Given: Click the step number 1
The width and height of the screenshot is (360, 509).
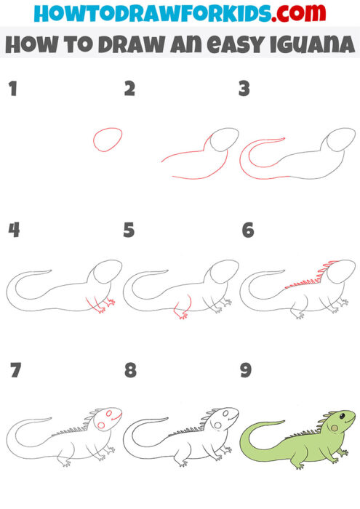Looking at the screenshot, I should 12,89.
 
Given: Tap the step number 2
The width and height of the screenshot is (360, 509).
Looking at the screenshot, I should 129,89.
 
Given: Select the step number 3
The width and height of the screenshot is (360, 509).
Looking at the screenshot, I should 244,89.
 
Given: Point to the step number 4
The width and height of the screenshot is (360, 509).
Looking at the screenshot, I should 12,231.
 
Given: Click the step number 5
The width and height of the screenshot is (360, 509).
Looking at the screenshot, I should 129,231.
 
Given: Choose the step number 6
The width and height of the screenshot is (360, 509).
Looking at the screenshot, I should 247,231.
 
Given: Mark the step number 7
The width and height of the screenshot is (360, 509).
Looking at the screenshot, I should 14,371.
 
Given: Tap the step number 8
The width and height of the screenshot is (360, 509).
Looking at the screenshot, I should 130,371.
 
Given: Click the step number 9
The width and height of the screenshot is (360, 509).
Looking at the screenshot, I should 246,371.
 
